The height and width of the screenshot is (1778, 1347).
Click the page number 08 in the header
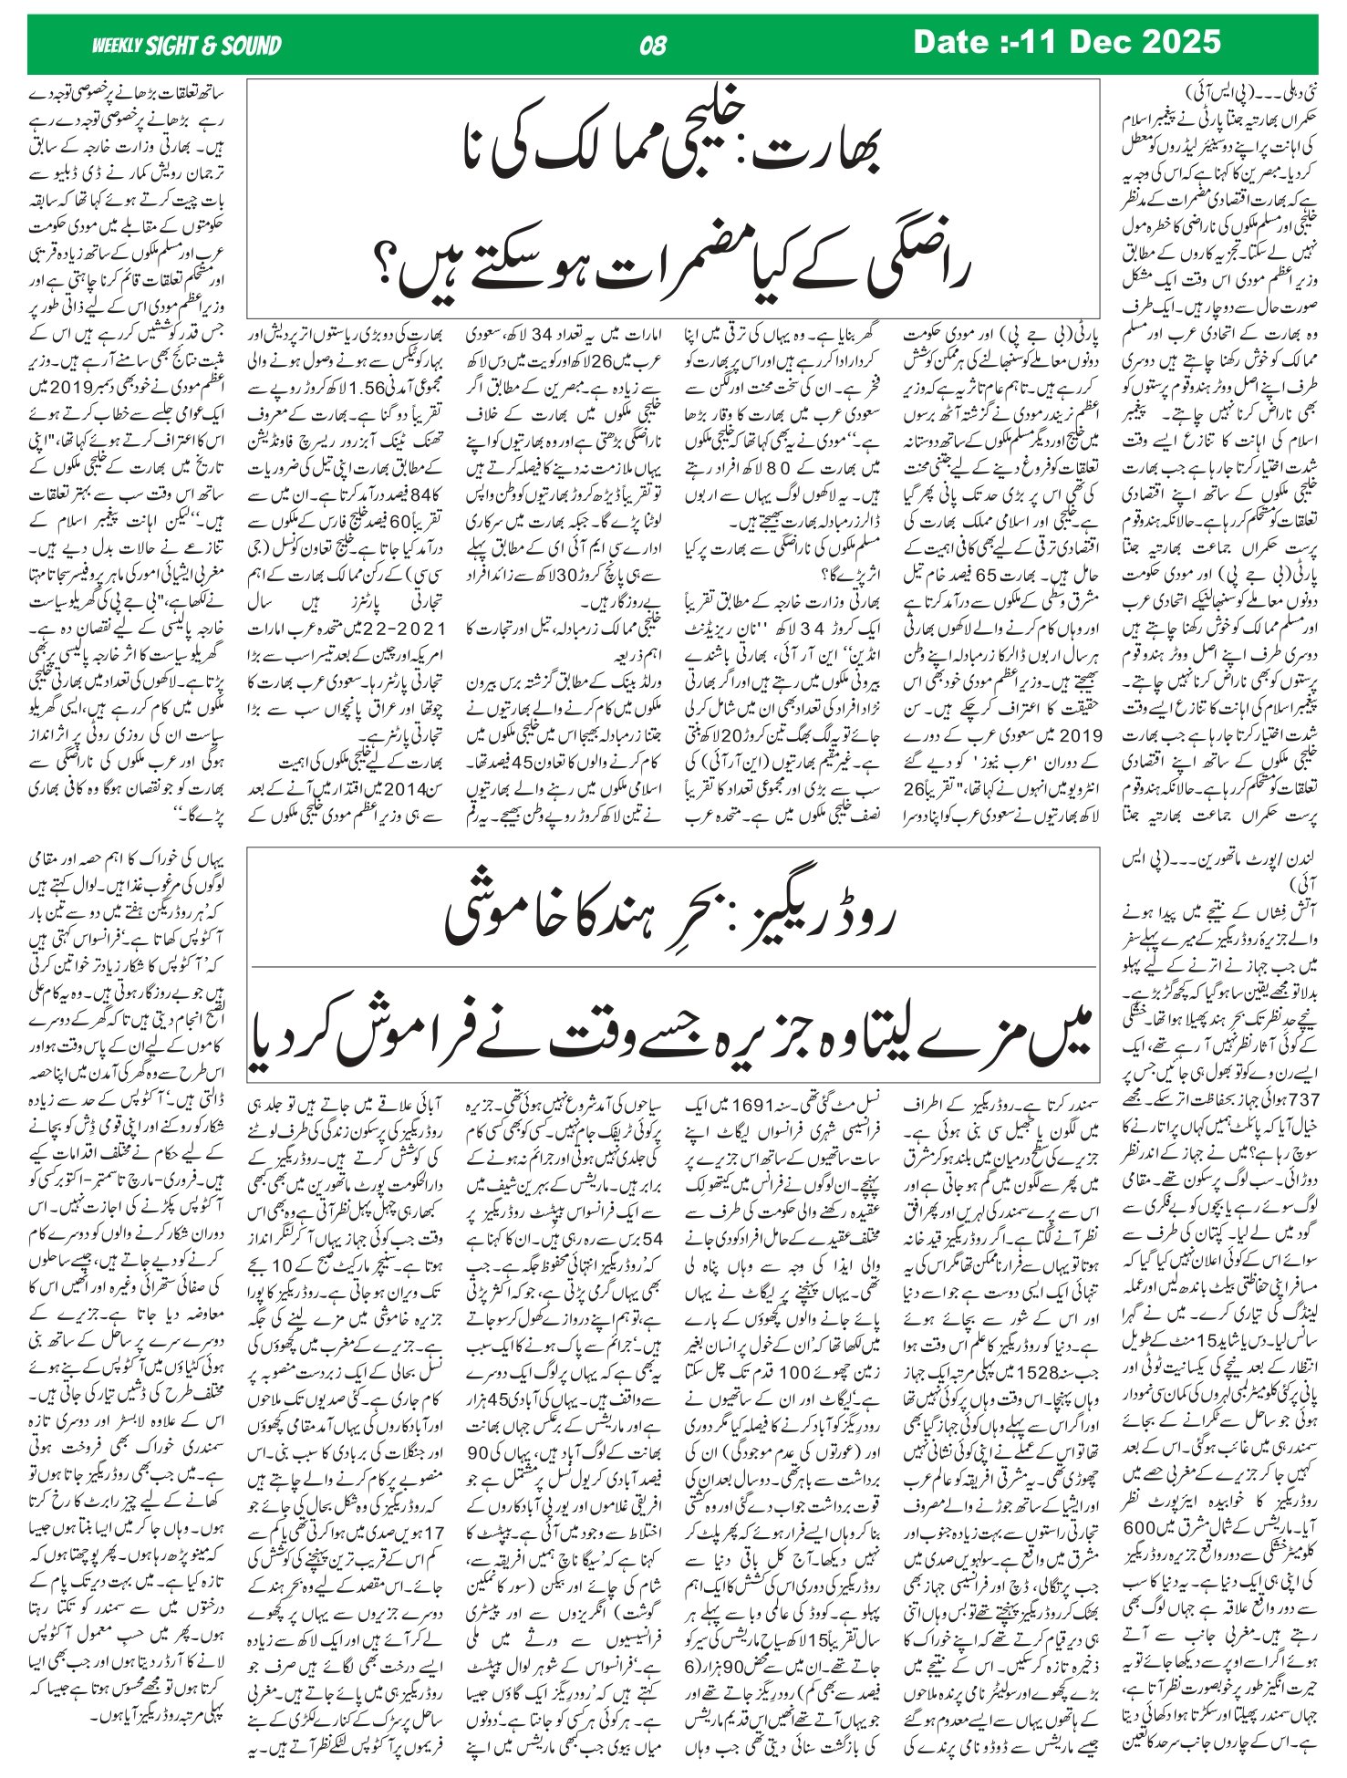pos(654,45)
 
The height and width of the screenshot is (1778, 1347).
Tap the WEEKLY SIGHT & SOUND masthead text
pos(187,46)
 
